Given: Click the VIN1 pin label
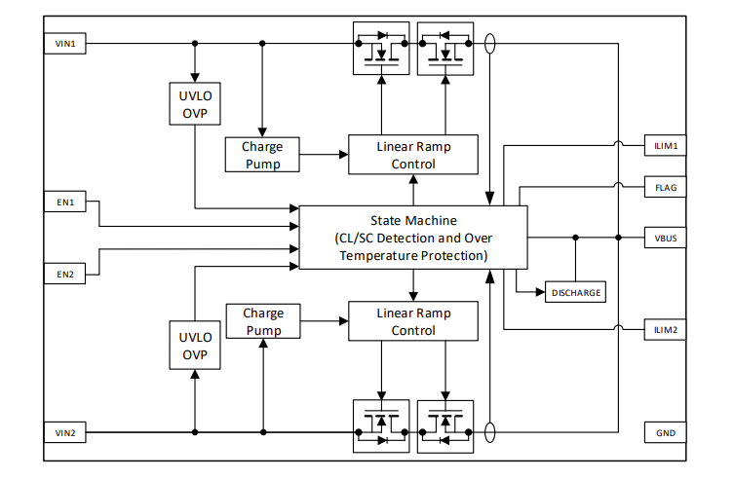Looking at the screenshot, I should (x=65, y=43).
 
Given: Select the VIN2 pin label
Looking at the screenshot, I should (x=65, y=431).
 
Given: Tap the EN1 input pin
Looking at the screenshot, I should (x=65, y=203).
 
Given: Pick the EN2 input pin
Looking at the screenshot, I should (x=65, y=274).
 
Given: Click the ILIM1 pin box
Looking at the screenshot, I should (x=667, y=146).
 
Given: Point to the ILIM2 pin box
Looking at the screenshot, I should (x=667, y=330).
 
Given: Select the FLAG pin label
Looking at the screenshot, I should (x=667, y=187).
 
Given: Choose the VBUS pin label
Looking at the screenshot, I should (x=667, y=238).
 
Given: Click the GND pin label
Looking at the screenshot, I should (x=667, y=431).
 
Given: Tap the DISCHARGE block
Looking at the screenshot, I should (x=576, y=292).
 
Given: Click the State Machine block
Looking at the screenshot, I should (x=412, y=238).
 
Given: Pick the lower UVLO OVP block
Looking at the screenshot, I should (x=195, y=346).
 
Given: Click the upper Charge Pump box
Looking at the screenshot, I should (x=262, y=155).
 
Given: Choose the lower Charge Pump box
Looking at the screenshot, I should (x=262, y=321).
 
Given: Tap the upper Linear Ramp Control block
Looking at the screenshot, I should (x=413, y=155).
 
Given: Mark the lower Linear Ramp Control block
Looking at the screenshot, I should (x=413, y=321).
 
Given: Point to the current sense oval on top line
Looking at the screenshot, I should (x=489, y=44).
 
